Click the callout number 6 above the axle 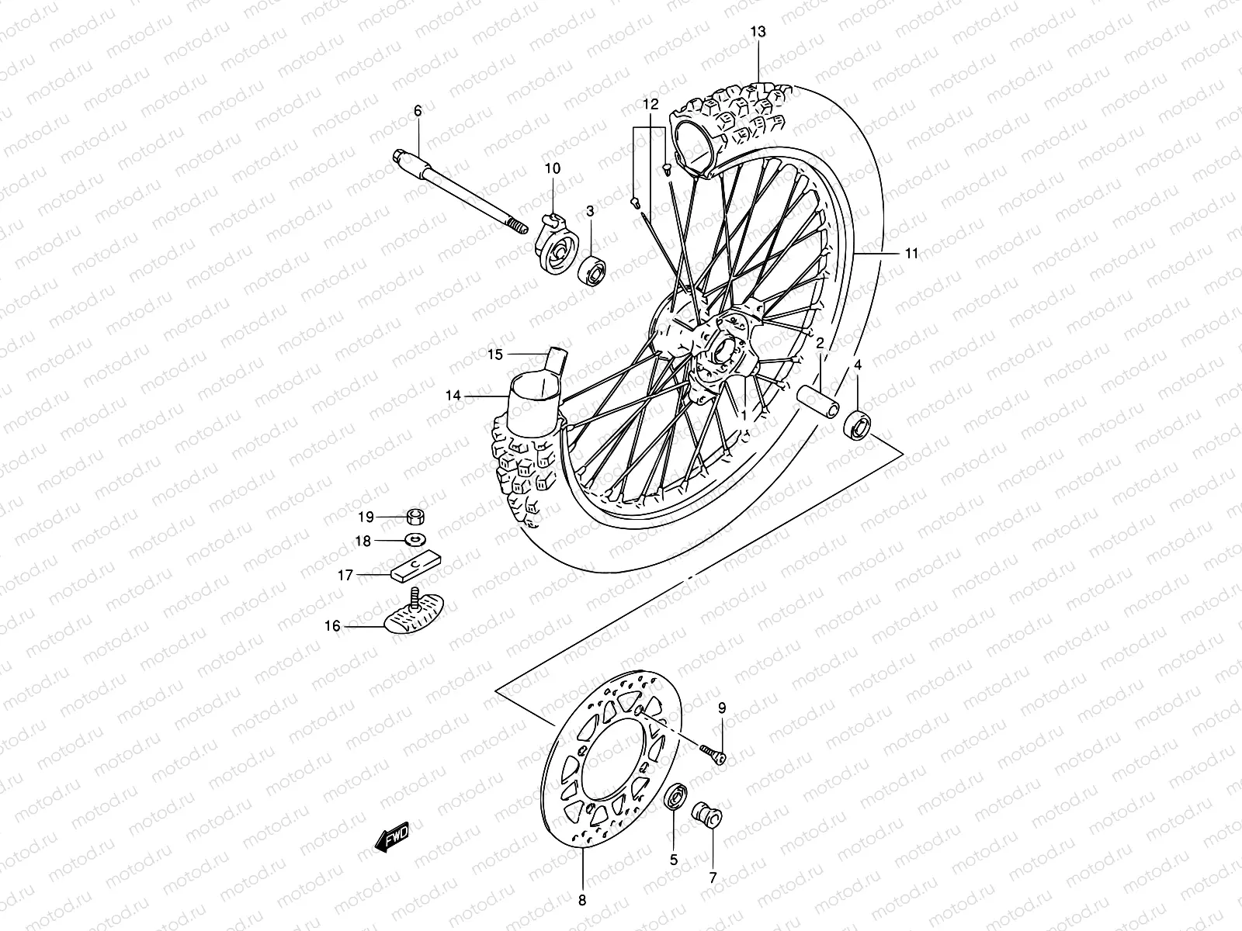[418, 111]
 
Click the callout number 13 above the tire [758, 31]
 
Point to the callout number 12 [650, 103]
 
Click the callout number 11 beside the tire [911, 253]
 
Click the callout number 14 [453, 396]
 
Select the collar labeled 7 [707, 816]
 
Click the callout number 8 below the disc [582, 900]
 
